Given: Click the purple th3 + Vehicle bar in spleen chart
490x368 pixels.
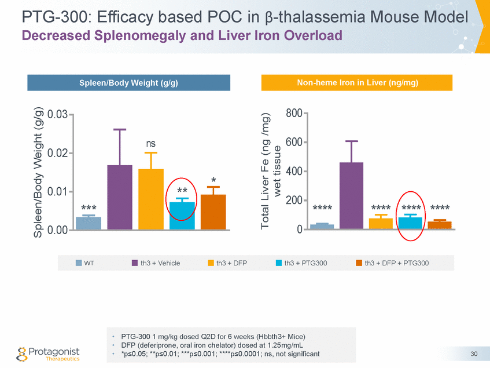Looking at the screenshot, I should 120,197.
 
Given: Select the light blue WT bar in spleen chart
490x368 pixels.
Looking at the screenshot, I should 89,223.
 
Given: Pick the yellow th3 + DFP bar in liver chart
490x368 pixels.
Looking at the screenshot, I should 381,223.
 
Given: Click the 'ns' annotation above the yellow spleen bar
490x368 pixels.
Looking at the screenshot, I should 151,143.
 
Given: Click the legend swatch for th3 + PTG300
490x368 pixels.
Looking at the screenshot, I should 279,263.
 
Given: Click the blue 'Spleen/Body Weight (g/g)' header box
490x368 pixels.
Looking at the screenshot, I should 128,83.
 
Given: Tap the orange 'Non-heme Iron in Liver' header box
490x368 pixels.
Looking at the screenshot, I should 357,83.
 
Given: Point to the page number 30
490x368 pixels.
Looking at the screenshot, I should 474,354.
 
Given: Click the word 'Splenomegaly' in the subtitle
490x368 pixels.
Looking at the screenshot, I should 126,35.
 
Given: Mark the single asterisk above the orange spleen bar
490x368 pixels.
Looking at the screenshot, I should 214,180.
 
